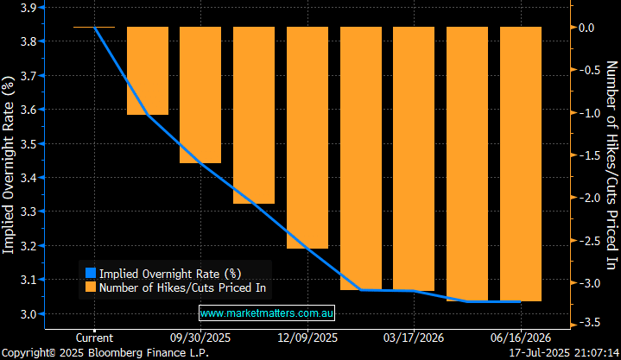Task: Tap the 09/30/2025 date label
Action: [200, 338]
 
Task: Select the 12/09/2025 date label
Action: [307, 338]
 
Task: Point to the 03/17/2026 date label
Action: [414, 338]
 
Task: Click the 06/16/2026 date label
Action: [520, 338]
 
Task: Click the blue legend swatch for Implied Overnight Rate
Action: [89, 273]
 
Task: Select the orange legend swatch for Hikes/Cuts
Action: [89, 288]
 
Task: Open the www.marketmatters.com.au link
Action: [267, 312]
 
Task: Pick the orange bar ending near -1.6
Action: [200, 95]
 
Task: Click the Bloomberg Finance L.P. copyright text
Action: [105, 353]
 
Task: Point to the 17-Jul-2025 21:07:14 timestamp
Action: [563, 353]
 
